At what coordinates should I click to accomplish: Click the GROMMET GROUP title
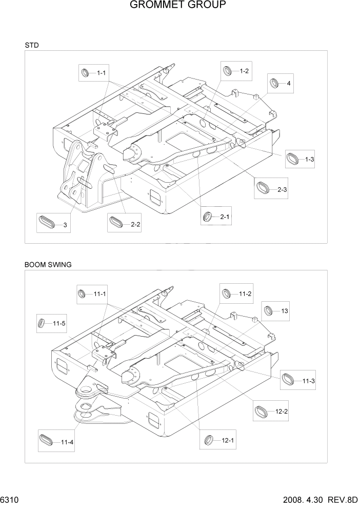coord(178,6)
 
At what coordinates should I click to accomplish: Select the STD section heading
coord(31,45)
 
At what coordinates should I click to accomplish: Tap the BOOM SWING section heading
coord(48,265)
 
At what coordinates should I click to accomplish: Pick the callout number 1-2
coord(244,71)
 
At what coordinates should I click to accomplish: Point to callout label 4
coord(289,83)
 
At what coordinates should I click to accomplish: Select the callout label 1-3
coord(309,160)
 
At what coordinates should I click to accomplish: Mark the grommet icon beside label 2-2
coord(116,223)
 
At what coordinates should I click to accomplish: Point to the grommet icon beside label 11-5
coord(42,323)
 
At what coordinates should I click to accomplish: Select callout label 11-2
coord(245,294)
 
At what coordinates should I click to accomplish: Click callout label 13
coord(285,311)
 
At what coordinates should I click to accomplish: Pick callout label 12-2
coord(282,412)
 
